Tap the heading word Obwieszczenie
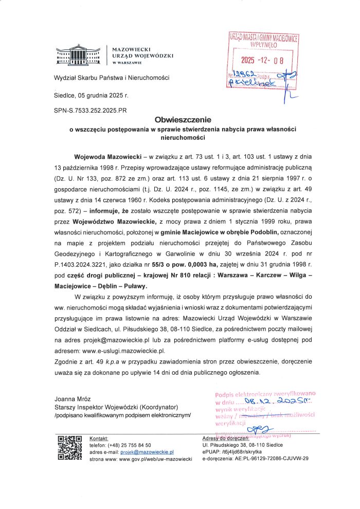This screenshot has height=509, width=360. point(179,120)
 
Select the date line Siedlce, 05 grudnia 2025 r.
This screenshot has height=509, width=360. point(91,96)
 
